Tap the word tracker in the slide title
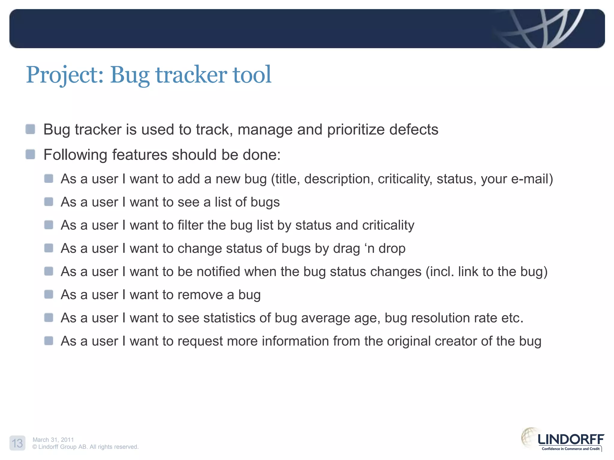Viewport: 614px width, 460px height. (191, 75)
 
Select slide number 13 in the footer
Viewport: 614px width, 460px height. (17, 443)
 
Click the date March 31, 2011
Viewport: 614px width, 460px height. (53, 440)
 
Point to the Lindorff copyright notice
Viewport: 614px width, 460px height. (85, 447)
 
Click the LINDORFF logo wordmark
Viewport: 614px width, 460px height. (571, 440)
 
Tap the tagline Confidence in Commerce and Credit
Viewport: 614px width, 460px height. (571, 449)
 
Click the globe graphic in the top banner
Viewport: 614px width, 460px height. (540, 28)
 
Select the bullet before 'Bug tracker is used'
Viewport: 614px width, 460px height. (30, 129)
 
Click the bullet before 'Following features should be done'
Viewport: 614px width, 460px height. (30, 155)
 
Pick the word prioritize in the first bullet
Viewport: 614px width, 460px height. (356, 130)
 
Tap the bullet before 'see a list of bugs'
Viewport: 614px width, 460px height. (49, 202)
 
